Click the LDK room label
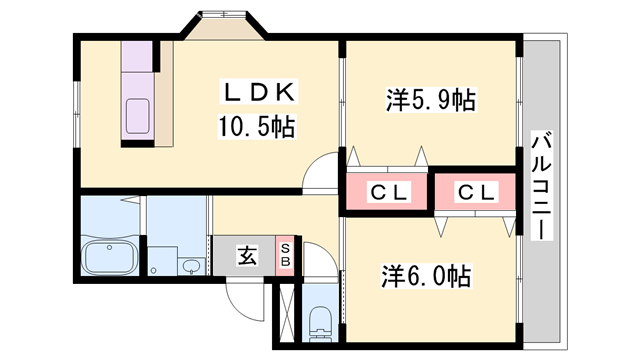click(x=259, y=92)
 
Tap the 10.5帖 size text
click(x=257, y=127)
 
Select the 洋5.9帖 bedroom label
click(x=431, y=100)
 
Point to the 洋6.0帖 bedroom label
click(x=427, y=276)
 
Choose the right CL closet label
click(x=476, y=192)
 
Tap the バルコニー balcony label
click(x=542, y=185)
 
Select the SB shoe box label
click(x=285, y=255)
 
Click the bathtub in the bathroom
click(x=109, y=258)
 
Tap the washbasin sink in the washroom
click(x=191, y=267)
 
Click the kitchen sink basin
click(x=138, y=116)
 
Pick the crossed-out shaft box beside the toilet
click(x=287, y=313)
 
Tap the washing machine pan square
click(x=162, y=261)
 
